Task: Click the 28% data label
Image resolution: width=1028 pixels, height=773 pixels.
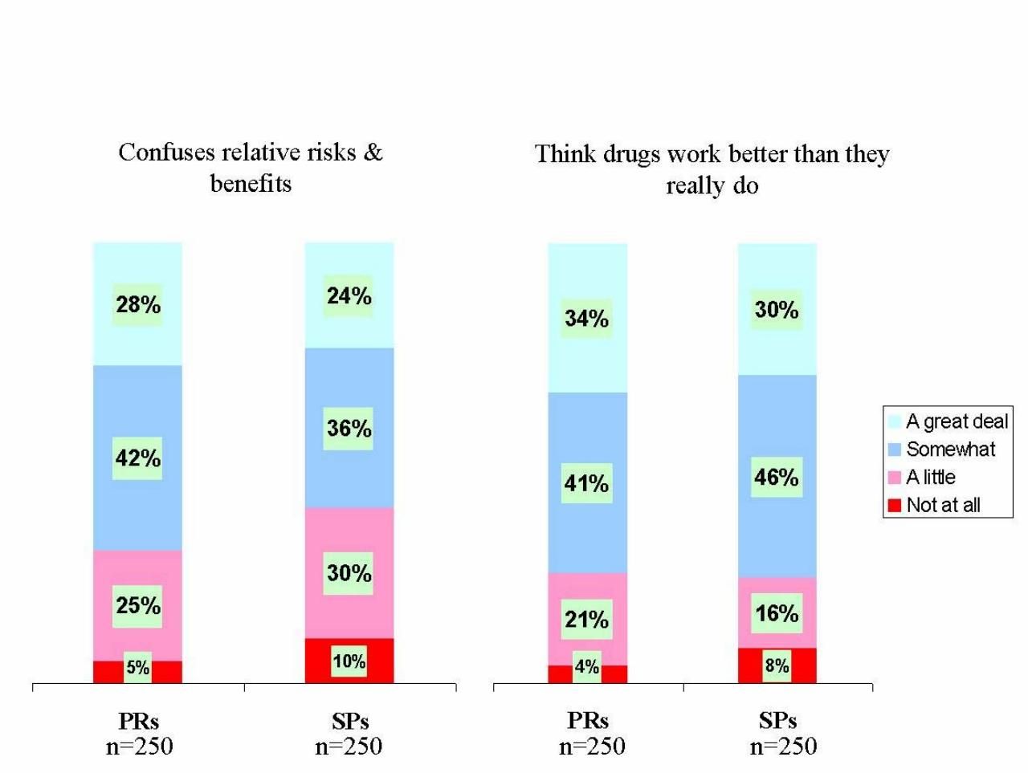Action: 138,305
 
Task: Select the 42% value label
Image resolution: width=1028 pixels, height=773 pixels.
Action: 138,458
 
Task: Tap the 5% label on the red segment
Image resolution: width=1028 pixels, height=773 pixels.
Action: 138,668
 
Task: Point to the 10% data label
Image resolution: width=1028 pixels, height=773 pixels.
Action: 349,661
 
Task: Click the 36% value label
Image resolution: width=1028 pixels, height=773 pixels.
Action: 349,429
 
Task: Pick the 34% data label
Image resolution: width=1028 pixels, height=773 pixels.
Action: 586,319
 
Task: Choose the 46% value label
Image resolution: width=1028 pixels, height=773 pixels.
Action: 777,478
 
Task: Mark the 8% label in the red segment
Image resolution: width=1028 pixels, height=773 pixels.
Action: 777,665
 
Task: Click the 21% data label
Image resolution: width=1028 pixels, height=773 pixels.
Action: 586,620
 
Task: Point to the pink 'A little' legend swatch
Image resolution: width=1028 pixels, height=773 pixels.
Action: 894,478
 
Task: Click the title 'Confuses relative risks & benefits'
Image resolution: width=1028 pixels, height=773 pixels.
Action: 251,168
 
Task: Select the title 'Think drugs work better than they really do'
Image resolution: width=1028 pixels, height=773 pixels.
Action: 712,169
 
